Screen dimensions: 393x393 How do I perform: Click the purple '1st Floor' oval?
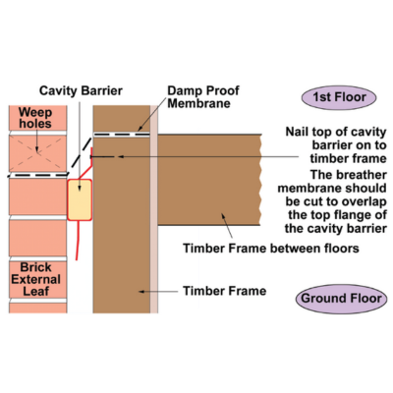pos(339,97)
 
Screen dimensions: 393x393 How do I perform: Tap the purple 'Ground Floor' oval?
pos(341,299)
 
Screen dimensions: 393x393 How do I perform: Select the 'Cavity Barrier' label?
pos(81,90)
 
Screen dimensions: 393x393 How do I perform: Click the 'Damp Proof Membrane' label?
pos(203,97)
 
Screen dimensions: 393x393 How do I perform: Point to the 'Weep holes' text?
pos(35,118)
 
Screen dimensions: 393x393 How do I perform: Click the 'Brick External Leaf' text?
pos(35,279)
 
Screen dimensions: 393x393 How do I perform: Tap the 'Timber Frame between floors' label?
pos(271,249)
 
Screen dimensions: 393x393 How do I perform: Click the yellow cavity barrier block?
pos(80,199)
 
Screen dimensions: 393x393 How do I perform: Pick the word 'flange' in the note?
pos(351,215)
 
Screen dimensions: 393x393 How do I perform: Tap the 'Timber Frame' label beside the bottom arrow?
pos(224,291)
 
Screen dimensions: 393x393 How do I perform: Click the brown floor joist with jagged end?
pos(209,180)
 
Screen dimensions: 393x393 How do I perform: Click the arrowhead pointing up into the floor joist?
pos(223,216)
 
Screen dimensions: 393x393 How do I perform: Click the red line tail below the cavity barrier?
pos(78,240)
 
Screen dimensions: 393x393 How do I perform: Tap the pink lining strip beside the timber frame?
pos(154,209)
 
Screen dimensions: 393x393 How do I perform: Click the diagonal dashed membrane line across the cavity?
pos(80,156)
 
